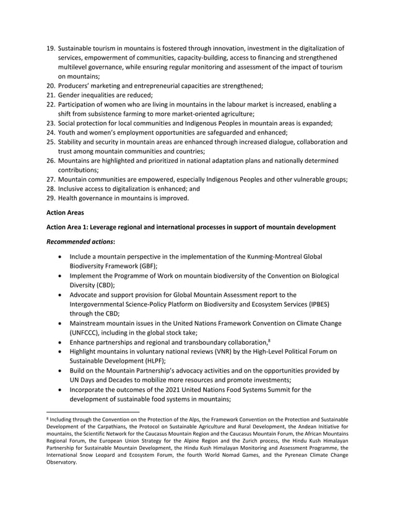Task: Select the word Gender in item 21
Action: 71,95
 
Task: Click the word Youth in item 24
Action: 69,132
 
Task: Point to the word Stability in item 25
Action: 72,142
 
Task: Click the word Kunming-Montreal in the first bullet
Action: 261,257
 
